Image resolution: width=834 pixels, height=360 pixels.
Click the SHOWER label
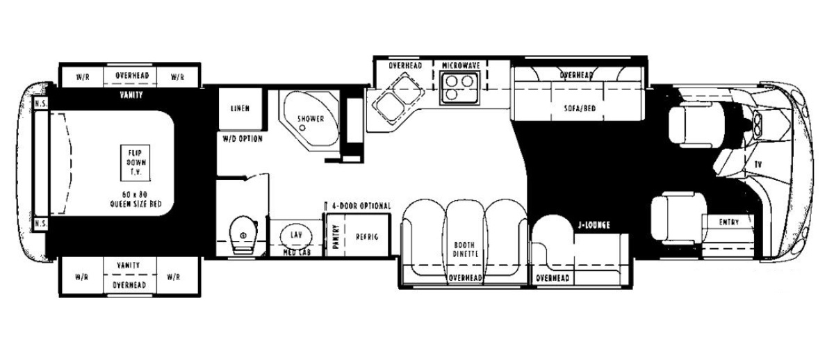(311, 119)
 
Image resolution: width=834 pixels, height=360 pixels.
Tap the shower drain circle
(302, 128)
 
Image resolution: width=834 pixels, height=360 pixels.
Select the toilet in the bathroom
(243, 234)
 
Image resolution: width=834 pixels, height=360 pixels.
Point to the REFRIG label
(367, 237)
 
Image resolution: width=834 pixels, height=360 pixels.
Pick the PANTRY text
(336, 236)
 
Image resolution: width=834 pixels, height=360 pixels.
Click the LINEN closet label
(240, 108)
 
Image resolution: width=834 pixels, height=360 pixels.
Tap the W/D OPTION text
(243, 139)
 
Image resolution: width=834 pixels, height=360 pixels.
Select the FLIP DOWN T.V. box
(135, 163)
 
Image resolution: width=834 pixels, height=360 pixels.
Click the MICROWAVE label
(461, 65)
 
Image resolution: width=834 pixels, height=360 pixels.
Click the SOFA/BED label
(580, 108)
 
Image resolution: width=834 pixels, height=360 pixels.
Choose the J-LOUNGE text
(594, 225)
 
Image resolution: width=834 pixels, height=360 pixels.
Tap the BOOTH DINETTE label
(464, 249)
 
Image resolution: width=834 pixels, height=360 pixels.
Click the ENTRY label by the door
(728, 222)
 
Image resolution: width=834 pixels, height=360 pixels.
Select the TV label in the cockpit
(758, 164)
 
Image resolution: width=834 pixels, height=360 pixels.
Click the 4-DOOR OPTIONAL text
(361, 206)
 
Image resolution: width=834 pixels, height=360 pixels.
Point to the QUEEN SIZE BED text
(136, 204)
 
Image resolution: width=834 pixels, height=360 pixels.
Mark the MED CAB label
(297, 252)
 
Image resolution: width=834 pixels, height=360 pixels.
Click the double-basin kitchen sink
(400, 97)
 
